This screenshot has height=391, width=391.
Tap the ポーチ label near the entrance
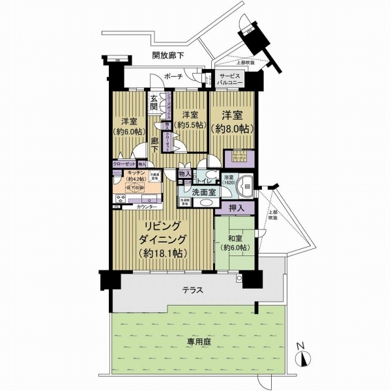click(x=174, y=76)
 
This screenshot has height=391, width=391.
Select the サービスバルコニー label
click(x=232, y=80)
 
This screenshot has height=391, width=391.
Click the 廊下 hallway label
click(x=154, y=145)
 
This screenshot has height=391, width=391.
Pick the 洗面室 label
click(x=203, y=192)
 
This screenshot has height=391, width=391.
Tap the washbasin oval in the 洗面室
click(x=205, y=203)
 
